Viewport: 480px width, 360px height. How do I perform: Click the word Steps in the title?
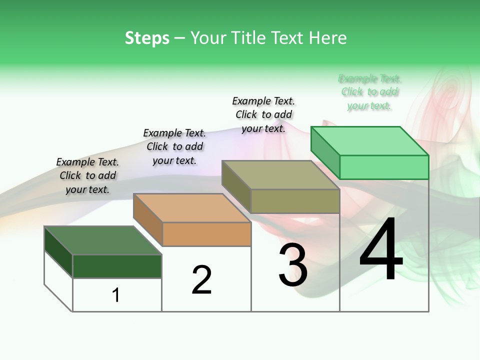[x=147, y=38]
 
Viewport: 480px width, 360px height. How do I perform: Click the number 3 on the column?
[x=293, y=265]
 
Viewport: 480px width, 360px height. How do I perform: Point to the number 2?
[x=202, y=280]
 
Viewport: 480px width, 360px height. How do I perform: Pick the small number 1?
[x=116, y=295]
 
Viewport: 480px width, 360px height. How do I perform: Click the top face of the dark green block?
[x=102, y=240]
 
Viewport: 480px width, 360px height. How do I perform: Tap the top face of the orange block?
[x=191, y=208]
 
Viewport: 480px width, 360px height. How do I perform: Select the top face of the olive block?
[x=280, y=175]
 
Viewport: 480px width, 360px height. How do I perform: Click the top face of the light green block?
[x=369, y=141]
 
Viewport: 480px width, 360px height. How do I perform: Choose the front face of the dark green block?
[x=117, y=266]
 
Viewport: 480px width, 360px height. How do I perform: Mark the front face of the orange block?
[x=206, y=234]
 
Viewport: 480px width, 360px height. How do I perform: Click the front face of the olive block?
[x=295, y=201]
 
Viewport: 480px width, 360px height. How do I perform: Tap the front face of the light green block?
[x=384, y=167]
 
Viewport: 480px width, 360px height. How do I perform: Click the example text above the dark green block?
[x=87, y=175]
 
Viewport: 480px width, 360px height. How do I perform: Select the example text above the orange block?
[x=174, y=146]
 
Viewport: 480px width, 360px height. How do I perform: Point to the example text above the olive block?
[x=263, y=114]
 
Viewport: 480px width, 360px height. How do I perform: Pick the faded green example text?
[x=369, y=92]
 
